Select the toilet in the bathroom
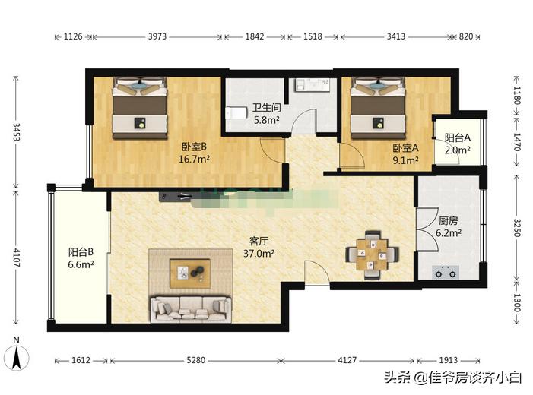pyautogui.click(x=237, y=114)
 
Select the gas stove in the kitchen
pyautogui.click(x=444, y=270)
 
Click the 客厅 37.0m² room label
pyautogui.click(x=259, y=248)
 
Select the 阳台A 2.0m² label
pyautogui.click(x=458, y=144)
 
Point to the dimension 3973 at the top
pyautogui.click(x=159, y=36)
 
